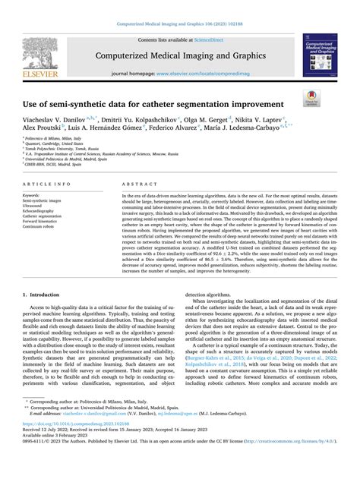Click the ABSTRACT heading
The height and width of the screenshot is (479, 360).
click(x=132, y=184)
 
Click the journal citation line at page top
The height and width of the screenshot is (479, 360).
click(x=179, y=24)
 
